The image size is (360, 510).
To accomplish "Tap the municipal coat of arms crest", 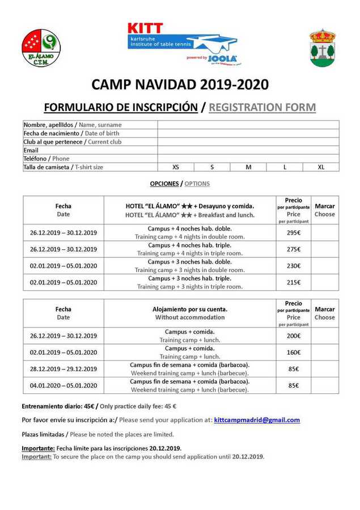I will pyautogui.click(x=322, y=48).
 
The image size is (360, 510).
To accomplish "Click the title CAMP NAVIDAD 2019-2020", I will pyautogui.click(x=180, y=84).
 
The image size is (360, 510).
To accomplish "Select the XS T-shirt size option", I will pyautogui.click(x=176, y=167).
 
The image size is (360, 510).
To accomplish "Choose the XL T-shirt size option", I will pyautogui.click(x=321, y=167).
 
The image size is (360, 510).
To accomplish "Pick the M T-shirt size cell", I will pyautogui.click(x=248, y=167).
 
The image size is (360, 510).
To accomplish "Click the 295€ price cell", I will pyautogui.click(x=293, y=232).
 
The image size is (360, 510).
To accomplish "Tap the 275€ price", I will pyautogui.click(x=293, y=249).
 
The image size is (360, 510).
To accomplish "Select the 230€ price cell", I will pyautogui.click(x=293, y=266).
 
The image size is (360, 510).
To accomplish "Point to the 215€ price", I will pyautogui.click(x=293, y=283).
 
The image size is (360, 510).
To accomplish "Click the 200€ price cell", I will pyautogui.click(x=293, y=335).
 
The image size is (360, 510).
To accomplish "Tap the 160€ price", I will pyautogui.click(x=293, y=352).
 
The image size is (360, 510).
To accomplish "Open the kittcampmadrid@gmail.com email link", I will pyautogui.click(x=257, y=420).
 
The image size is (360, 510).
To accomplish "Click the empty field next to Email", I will pyautogui.click(x=248, y=150).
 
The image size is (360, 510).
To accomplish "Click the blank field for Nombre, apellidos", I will pyautogui.click(x=248, y=125).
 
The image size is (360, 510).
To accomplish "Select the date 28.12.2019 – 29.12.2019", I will pyautogui.click(x=63, y=369).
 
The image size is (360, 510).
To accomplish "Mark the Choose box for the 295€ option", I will pyautogui.click(x=324, y=232).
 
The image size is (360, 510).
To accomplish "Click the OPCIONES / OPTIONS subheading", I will pyautogui.click(x=180, y=184).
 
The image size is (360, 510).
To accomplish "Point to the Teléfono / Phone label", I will pyautogui.click(x=46, y=159).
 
